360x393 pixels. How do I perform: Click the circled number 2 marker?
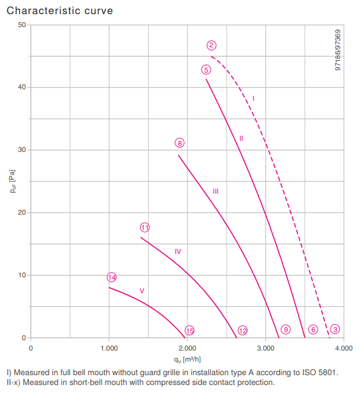[211, 46]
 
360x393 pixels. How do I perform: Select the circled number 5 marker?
[206, 69]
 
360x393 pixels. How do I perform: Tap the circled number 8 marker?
[179, 143]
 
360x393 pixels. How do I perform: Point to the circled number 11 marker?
[145, 228]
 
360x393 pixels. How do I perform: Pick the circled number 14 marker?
[112, 277]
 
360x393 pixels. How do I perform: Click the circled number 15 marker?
[189, 331]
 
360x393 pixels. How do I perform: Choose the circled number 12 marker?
[243, 331]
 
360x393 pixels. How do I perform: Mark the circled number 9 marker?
[286, 329]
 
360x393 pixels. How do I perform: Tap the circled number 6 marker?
[313, 329]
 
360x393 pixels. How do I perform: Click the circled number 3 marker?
[335, 329]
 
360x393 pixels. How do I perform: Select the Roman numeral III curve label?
[216, 191]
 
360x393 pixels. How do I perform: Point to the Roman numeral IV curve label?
[178, 252]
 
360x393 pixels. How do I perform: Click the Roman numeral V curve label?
[142, 291]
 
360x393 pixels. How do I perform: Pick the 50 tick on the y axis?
[22, 25]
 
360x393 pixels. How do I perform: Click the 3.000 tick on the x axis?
[265, 348]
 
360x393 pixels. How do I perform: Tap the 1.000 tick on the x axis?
[109, 348]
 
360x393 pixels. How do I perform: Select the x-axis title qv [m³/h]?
[187, 360]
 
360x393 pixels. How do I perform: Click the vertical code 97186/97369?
[338, 50]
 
